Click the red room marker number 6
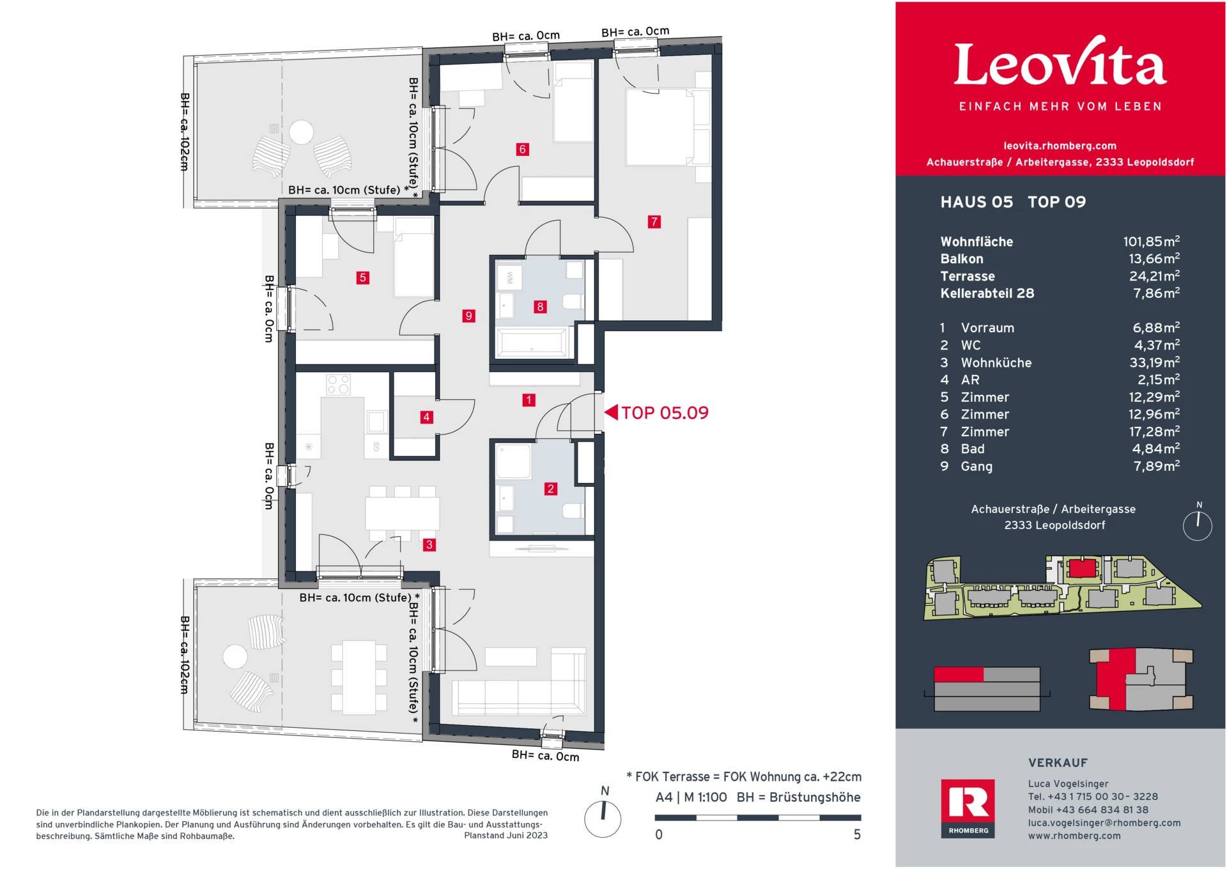(x=522, y=150)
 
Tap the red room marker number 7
(x=654, y=222)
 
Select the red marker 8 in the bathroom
(x=540, y=307)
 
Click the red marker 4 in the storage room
(x=426, y=417)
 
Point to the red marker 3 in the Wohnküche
(x=429, y=545)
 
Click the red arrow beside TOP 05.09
(x=612, y=413)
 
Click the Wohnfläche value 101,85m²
(x=1151, y=242)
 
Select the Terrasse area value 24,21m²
(x=1154, y=276)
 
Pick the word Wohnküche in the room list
(x=996, y=363)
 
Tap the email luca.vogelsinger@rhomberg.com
(x=1104, y=823)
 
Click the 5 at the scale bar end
(x=857, y=834)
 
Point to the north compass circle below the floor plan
(x=603, y=819)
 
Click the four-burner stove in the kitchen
(x=338, y=385)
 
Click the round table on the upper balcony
(x=301, y=133)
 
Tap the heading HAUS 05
(x=976, y=203)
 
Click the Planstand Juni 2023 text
(x=505, y=836)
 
